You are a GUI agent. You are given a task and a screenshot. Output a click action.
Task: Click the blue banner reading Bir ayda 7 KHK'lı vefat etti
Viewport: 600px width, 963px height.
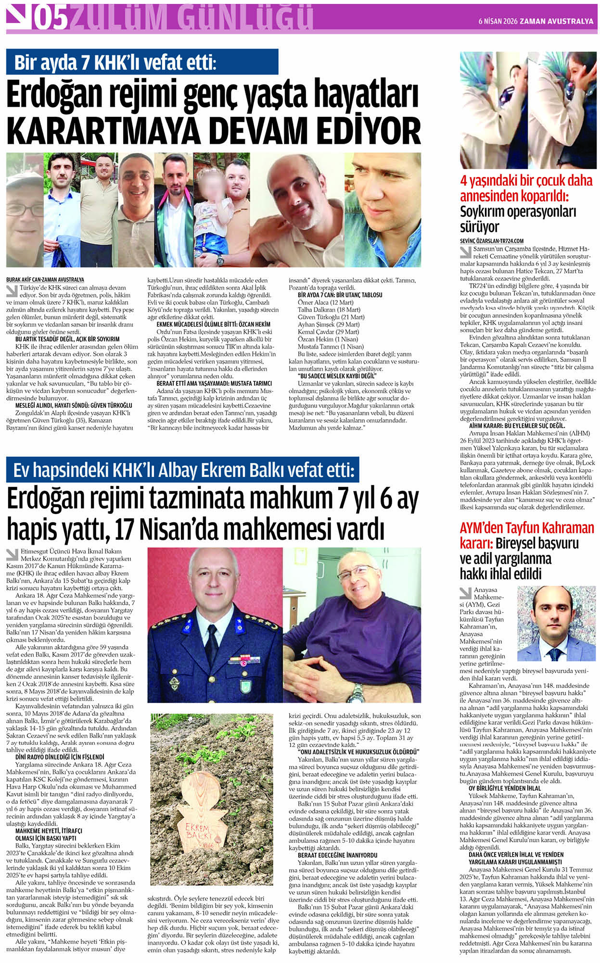click(x=142, y=62)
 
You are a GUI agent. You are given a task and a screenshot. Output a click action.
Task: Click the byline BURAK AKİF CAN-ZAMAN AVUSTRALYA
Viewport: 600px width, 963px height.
click(x=45, y=279)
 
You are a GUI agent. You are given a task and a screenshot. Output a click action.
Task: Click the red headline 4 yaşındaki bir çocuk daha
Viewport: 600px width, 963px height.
click(x=526, y=181)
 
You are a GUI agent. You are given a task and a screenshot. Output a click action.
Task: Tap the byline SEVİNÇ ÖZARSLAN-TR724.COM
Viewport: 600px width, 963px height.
click(x=491, y=241)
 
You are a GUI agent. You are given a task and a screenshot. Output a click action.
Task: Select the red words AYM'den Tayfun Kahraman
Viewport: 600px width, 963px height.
click(x=527, y=528)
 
